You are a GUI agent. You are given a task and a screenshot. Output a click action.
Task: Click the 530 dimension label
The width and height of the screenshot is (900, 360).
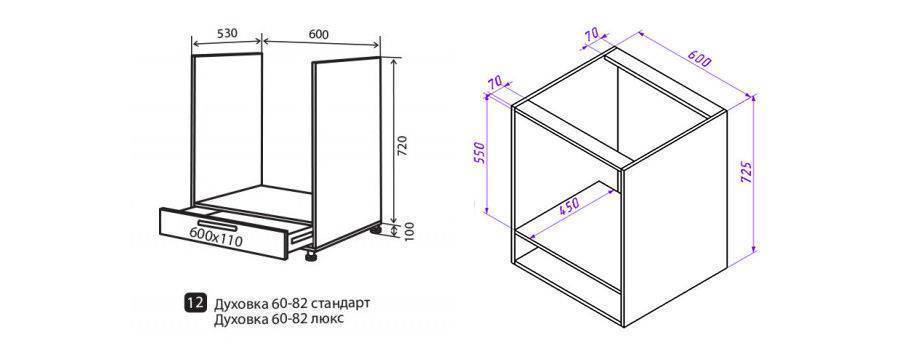[227, 33]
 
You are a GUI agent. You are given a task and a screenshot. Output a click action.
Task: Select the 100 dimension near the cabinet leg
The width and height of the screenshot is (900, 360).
[409, 231]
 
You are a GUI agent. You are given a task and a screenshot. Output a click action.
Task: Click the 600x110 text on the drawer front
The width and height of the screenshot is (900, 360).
[215, 236]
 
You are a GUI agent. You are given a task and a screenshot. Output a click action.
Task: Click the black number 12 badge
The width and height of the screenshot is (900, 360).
[194, 303]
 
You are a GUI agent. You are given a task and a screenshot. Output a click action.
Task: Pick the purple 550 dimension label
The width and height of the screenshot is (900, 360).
[481, 153]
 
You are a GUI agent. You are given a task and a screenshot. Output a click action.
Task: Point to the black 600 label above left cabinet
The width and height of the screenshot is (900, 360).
[319, 34]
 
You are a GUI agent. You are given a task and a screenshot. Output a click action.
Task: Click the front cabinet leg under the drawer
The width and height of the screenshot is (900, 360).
[312, 257]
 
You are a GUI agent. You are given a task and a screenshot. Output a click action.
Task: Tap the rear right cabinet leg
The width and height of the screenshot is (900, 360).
[376, 229]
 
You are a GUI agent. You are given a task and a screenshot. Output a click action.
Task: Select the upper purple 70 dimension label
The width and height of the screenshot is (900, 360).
[591, 35]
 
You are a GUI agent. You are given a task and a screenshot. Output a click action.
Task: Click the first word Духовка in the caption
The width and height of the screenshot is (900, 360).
[235, 304]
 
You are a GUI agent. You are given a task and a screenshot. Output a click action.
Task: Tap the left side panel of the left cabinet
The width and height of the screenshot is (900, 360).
[228, 127]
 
